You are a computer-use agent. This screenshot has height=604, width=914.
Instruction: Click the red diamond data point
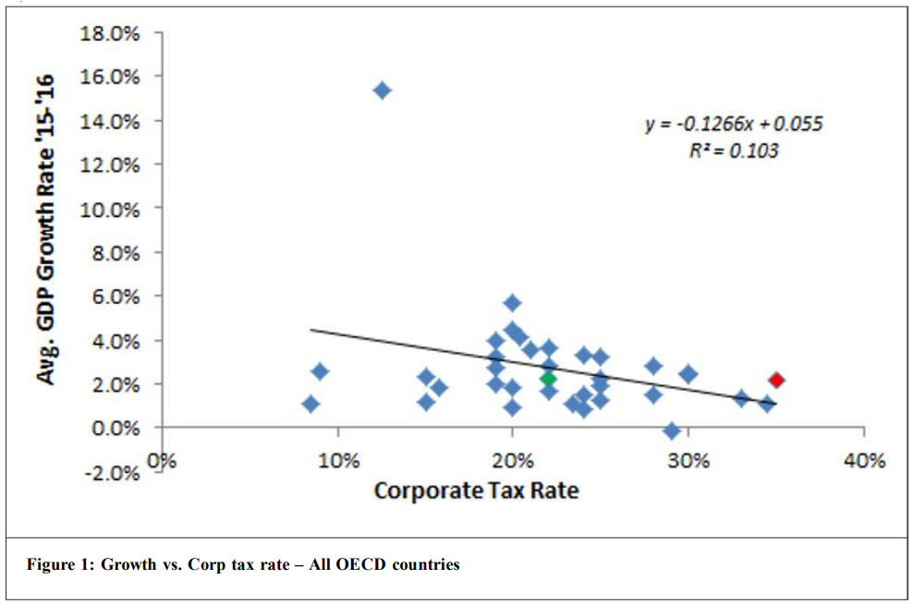point(776,380)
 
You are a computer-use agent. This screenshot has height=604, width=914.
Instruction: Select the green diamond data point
point(548,379)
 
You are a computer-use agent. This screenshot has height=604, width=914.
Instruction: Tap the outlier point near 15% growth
point(382,90)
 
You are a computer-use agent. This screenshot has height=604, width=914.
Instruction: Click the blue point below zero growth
point(672,430)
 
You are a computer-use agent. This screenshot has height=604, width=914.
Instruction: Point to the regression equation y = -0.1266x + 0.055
point(733,125)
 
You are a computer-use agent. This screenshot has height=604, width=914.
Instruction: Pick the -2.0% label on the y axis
point(113,473)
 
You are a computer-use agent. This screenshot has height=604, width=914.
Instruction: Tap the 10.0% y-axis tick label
point(113,209)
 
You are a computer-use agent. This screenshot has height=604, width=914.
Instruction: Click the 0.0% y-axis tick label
point(116,429)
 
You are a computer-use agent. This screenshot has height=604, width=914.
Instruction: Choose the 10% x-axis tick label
point(337,460)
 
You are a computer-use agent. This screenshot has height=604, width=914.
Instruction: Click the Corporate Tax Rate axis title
point(476,489)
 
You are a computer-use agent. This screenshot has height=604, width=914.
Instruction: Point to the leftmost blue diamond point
point(311,404)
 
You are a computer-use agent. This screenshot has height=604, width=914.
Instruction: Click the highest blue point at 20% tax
point(513,303)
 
